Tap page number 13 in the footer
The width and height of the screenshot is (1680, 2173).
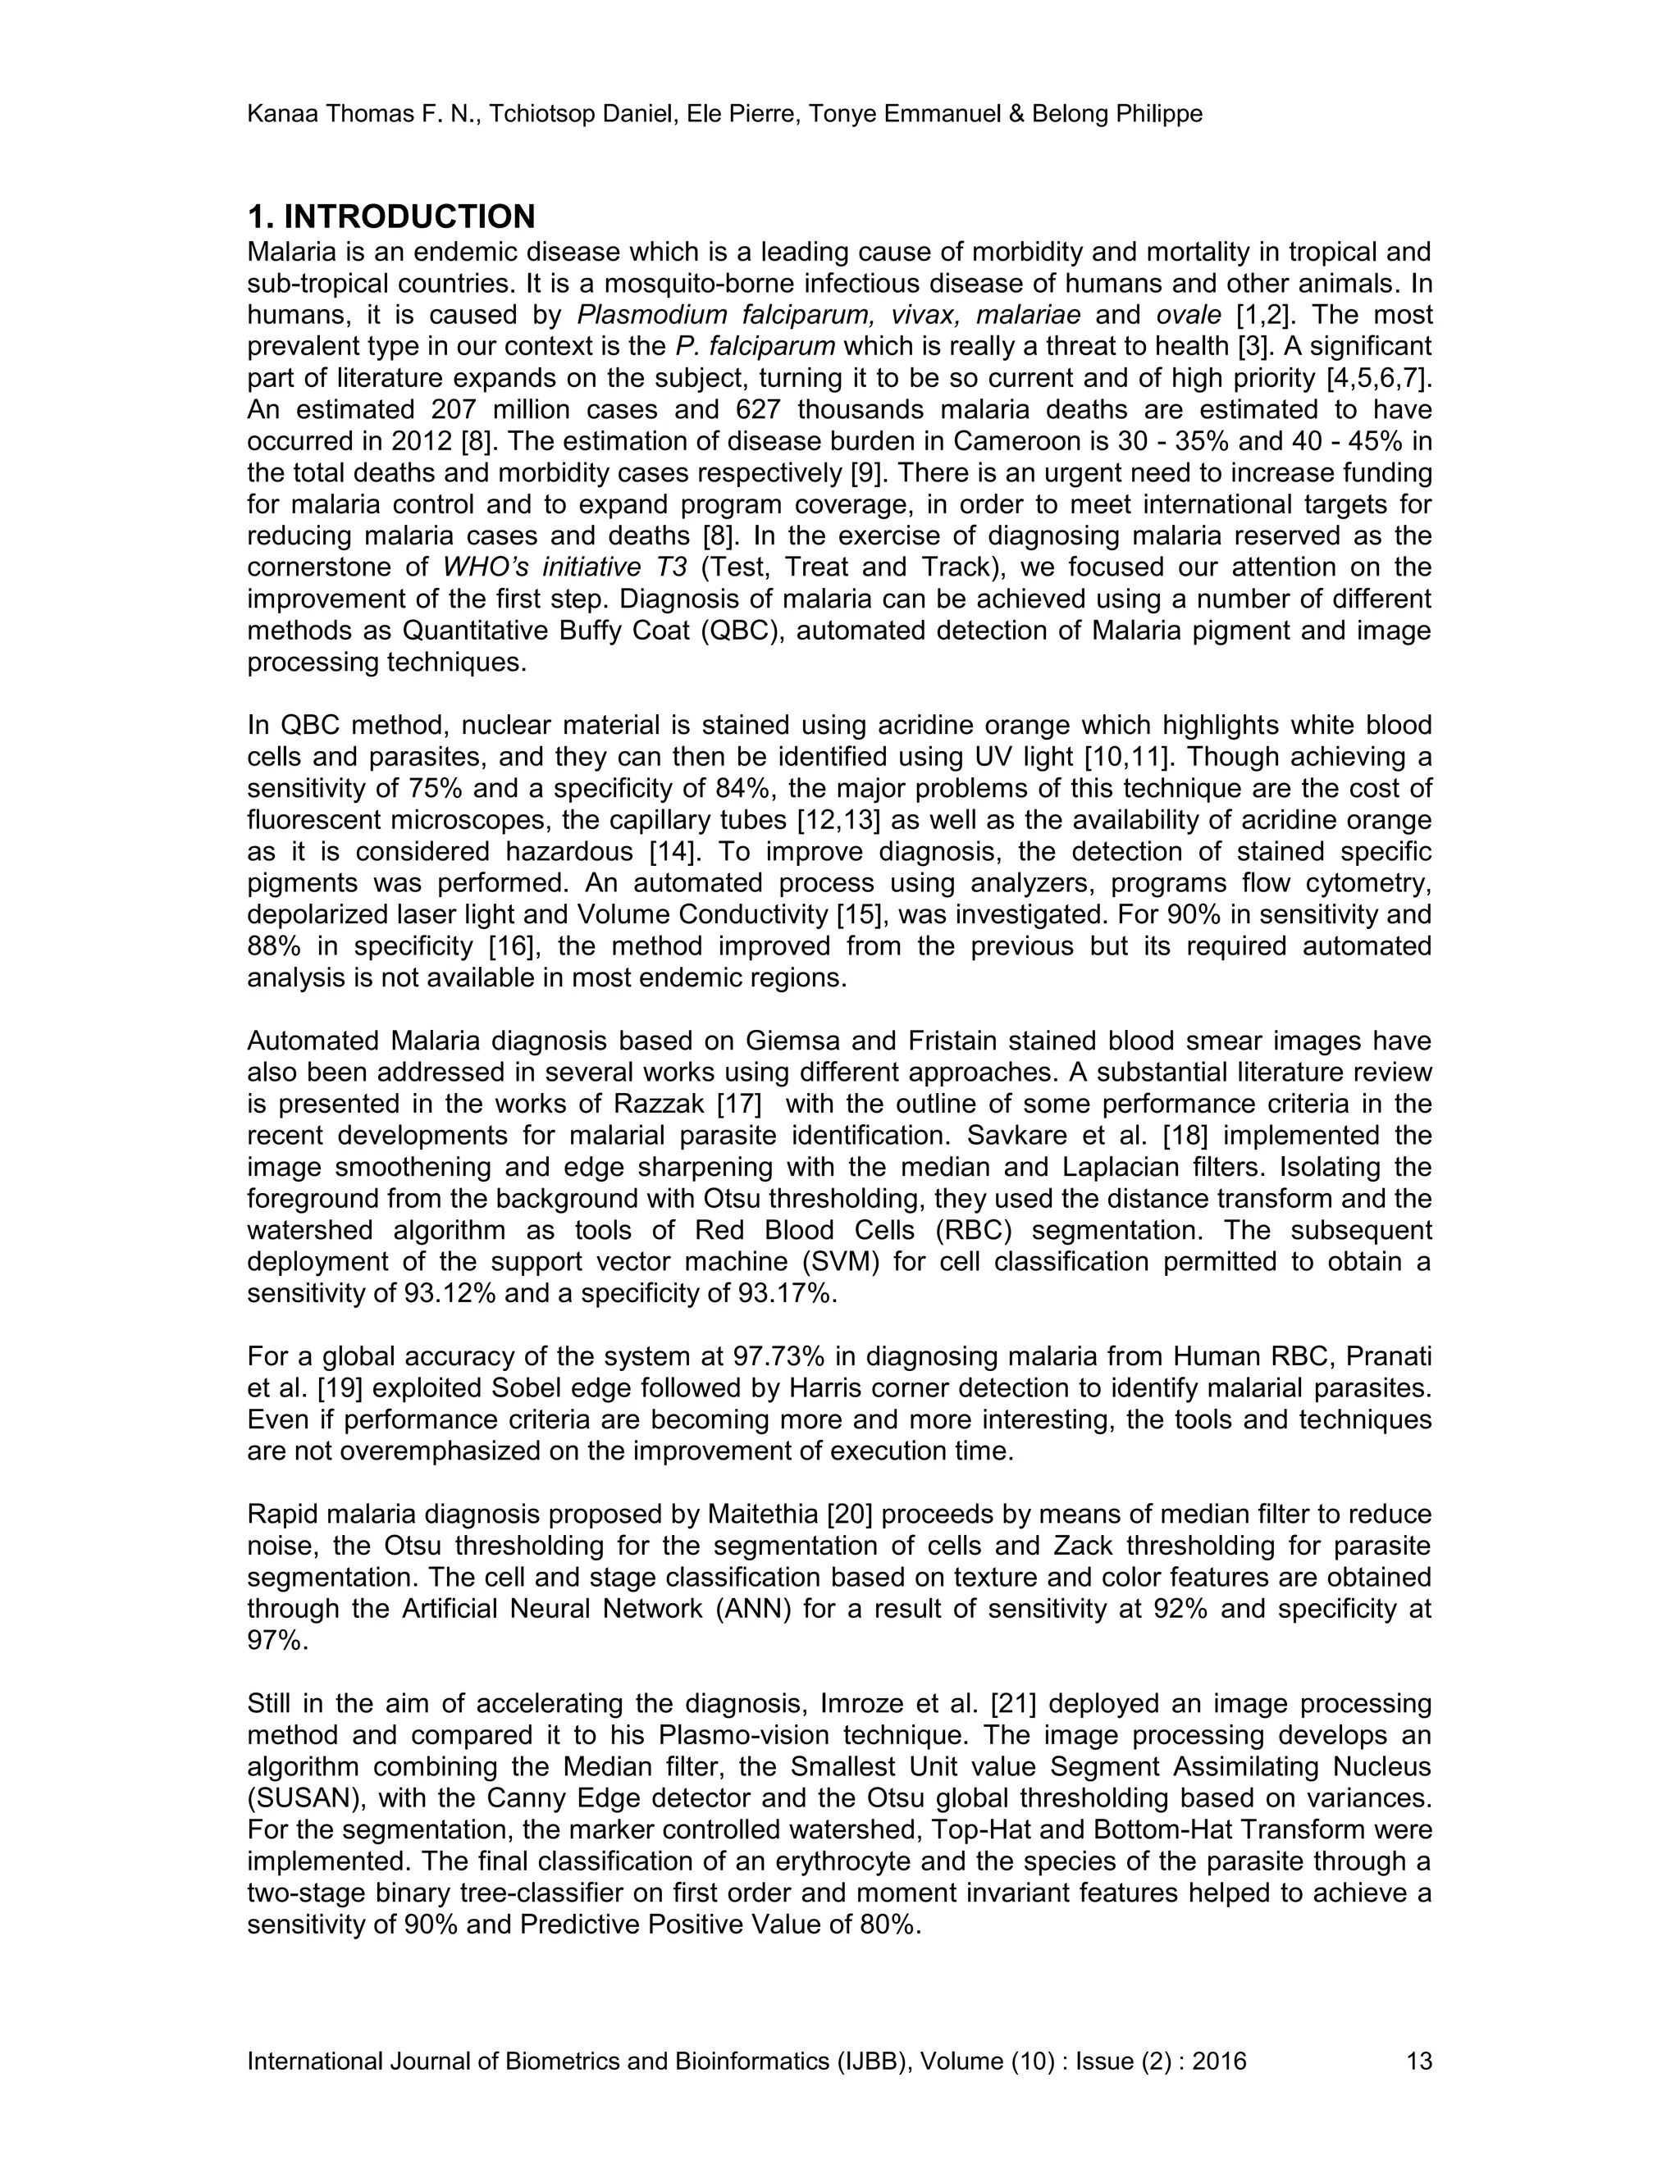(1418, 2061)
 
